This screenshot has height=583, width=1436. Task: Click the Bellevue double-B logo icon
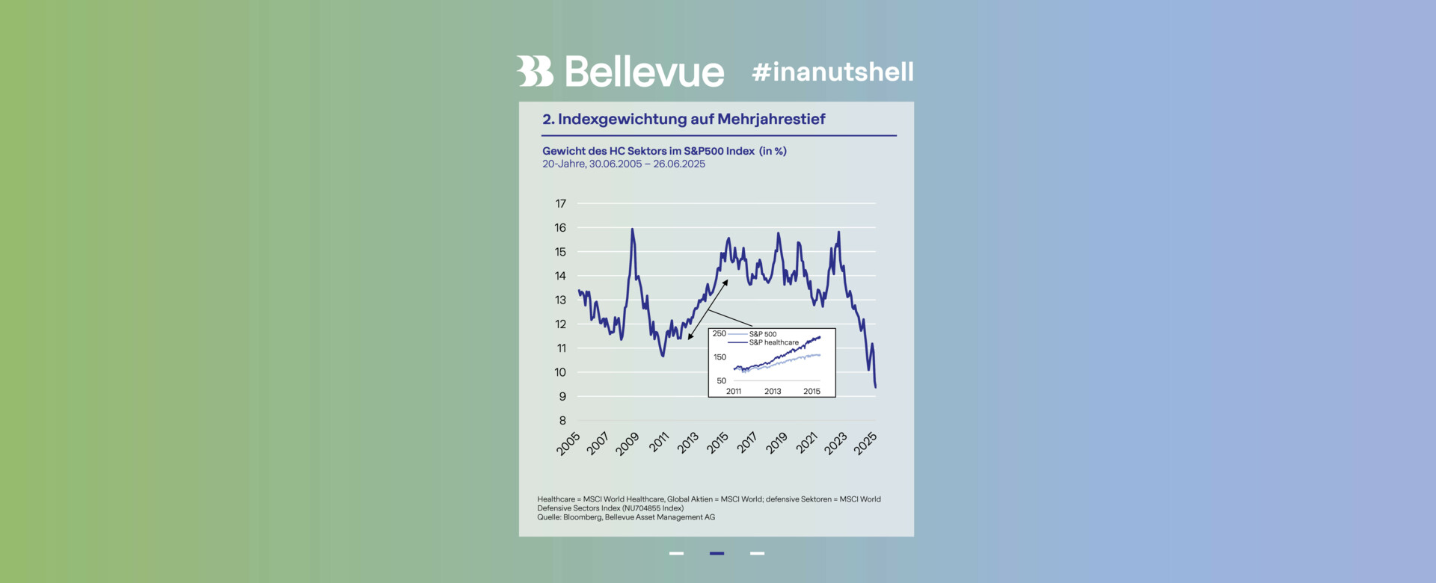coord(534,72)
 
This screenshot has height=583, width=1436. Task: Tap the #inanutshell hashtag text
coord(832,73)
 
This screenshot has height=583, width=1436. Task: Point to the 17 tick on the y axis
coord(560,203)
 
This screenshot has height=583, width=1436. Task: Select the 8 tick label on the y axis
coord(562,421)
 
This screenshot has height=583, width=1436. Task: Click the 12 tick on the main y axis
coord(560,324)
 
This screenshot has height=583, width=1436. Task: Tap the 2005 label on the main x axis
coord(568,443)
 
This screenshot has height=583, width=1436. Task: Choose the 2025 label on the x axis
coord(865,443)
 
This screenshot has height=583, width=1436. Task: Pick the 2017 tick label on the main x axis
coord(747,443)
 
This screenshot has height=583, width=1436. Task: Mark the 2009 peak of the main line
coord(633,229)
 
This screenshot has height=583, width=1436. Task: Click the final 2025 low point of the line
coord(875,386)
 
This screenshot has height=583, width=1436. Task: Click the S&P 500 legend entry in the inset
coord(763,334)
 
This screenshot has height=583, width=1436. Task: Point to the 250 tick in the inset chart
coord(719,334)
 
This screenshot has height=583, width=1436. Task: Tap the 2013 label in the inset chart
coord(773,392)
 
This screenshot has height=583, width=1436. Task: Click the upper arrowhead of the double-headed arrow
coord(725,283)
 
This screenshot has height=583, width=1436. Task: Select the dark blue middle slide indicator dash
coord(717,554)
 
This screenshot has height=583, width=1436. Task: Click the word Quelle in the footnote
coord(548,517)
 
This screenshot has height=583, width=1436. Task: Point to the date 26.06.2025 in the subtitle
coord(679,164)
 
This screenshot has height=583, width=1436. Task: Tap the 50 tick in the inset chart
coord(721,381)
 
